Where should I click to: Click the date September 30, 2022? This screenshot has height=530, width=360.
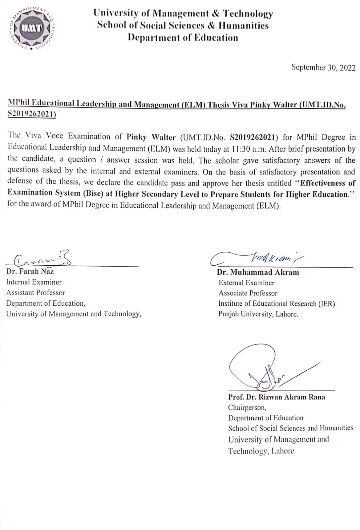[x=323, y=68]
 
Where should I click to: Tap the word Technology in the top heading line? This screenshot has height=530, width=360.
[x=248, y=14]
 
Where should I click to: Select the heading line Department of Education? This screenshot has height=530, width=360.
[x=183, y=38]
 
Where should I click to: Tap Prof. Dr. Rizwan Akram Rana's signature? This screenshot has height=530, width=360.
[x=265, y=369]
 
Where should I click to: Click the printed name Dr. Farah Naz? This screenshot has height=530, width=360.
[x=30, y=272]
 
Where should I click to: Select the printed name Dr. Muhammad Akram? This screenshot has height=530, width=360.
[x=258, y=273]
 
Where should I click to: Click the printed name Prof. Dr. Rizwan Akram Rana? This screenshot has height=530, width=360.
[x=277, y=397]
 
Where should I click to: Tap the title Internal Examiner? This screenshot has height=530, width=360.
[x=34, y=282]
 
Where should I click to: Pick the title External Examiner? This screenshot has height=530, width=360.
[x=246, y=283]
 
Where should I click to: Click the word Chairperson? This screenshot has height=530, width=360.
[x=247, y=407]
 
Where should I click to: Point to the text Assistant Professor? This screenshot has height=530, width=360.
[x=35, y=293]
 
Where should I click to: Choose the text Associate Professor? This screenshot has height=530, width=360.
[x=248, y=293]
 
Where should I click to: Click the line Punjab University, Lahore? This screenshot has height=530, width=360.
[x=258, y=314]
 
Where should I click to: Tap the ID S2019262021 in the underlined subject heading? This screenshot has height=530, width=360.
[x=32, y=114]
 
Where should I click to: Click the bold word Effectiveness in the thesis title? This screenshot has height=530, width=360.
[x=323, y=183]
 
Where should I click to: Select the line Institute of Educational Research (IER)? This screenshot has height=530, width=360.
[x=277, y=304]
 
